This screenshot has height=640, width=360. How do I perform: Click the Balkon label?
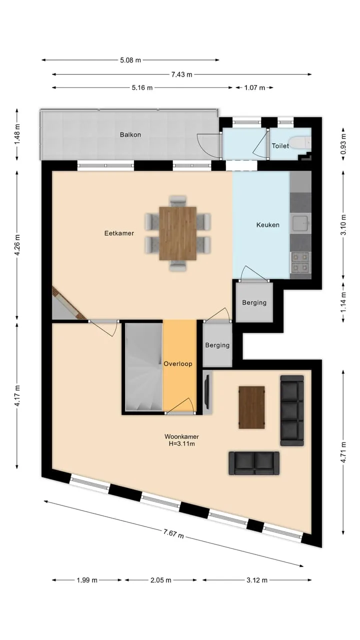[130, 134]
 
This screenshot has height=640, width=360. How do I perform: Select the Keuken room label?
[267, 225]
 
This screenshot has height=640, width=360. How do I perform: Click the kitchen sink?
[300, 223]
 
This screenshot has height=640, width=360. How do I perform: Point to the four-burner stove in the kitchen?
[300, 262]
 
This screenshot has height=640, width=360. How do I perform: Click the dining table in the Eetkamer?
[177, 233]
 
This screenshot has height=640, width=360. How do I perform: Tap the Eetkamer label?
[119, 233]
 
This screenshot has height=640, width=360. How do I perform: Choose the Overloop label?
[177, 363]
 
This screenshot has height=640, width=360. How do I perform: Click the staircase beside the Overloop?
[144, 367]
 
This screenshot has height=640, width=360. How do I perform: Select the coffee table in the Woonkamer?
[251, 407]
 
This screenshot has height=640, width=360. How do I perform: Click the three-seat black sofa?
[292, 410]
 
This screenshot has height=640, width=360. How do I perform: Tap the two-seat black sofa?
[254, 463]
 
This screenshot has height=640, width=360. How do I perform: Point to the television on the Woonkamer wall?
[207, 392]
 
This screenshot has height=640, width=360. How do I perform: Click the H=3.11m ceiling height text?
[181, 443]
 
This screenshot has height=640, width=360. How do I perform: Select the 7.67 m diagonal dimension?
[173, 533]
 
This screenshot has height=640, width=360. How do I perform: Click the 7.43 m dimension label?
[181, 74]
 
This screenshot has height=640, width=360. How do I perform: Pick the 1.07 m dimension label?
[254, 87]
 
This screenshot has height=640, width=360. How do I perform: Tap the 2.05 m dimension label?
[161, 580]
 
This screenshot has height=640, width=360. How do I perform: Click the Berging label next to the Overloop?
[217, 345]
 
